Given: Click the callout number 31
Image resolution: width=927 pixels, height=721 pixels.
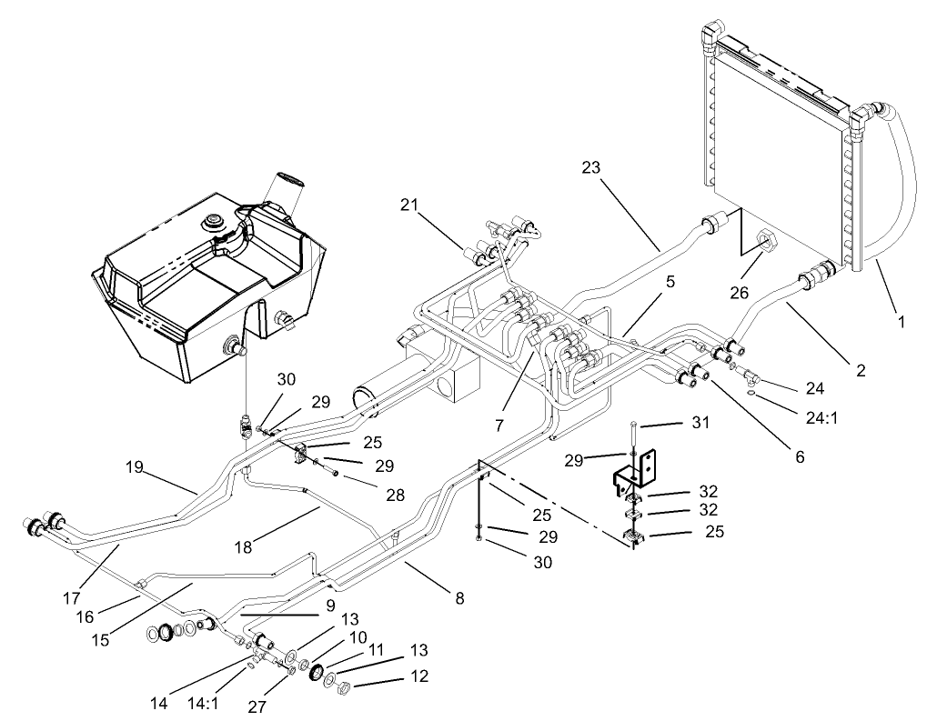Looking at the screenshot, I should pos(700,423).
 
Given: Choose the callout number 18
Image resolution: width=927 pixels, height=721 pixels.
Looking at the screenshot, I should pos(242,547).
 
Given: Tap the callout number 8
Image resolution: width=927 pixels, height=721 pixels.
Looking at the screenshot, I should pos(459,598).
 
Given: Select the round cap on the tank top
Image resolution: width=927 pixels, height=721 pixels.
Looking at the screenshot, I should pos(216,220).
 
